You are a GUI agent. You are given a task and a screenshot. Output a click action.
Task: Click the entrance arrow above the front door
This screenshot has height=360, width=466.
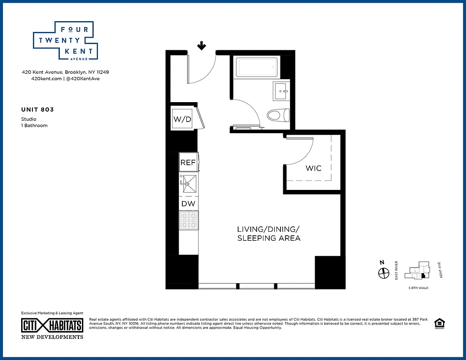[202, 45]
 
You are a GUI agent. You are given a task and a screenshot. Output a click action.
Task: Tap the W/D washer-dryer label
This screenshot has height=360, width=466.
[182, 119]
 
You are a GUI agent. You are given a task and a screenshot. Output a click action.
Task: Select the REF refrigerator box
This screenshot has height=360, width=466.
[188, 163]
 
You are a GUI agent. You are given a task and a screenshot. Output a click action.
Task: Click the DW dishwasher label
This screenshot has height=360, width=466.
[188, 204]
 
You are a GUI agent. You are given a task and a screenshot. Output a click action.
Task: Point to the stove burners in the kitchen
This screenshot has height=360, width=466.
[189, 220]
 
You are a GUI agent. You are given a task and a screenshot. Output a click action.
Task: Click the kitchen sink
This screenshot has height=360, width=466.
[189, 184]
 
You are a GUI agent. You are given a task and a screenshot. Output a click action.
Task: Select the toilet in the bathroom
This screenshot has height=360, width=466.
[277, 116]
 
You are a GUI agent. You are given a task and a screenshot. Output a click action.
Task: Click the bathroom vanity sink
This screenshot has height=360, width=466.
[281, 91]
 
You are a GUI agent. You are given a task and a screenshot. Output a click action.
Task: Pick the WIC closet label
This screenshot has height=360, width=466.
[313, 168]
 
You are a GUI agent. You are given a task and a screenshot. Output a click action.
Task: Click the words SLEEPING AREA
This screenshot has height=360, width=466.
[269, 238]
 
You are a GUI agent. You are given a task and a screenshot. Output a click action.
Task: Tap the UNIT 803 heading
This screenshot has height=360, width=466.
[37, 109]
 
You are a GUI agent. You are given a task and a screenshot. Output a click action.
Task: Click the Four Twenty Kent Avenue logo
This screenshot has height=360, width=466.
[63, 41]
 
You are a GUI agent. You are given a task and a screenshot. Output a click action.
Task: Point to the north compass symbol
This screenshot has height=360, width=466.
[383, 273]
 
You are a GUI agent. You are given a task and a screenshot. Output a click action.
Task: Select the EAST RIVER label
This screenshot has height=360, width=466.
[396, 270]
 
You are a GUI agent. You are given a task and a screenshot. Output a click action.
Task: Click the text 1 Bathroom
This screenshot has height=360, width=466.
[34, 126]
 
